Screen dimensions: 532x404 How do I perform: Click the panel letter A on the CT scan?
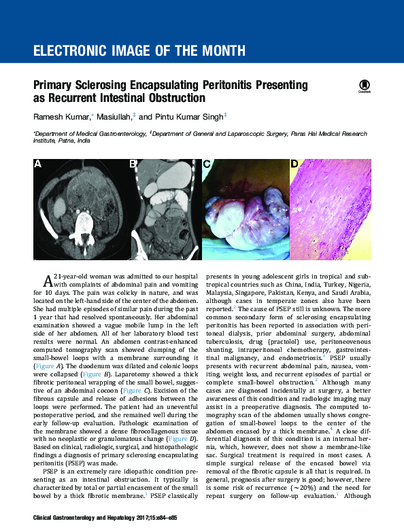coord(39,164)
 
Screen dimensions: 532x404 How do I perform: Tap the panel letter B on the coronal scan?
coord(134,164)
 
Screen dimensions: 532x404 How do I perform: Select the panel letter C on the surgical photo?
coord(207,164)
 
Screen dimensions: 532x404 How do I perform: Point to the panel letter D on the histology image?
coord(294,164)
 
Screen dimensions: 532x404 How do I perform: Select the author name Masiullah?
coord(114,117)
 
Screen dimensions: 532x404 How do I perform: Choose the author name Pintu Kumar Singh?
coord(193,117)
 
